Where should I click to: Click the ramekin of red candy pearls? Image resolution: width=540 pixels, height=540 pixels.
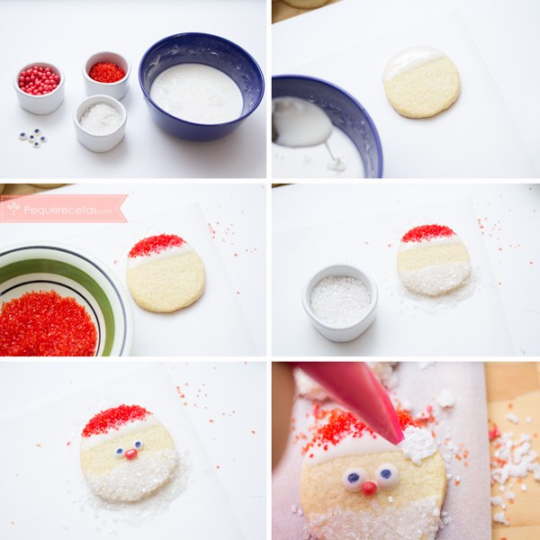(40, 88)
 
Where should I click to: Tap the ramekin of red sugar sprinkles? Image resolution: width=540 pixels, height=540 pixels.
(106, 76)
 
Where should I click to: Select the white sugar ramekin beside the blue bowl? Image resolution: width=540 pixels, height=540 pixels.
(100, 123)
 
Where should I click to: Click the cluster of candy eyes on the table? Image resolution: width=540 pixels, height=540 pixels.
(33, 138)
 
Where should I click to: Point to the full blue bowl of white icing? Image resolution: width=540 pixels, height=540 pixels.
(202, 86)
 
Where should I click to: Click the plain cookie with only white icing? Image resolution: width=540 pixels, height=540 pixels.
(421, 82)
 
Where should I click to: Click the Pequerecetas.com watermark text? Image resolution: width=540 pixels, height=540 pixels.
(67, 210)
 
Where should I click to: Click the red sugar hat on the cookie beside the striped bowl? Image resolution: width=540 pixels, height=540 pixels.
(157, 244)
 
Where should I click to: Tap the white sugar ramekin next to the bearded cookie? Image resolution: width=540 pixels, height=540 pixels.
(340, 302)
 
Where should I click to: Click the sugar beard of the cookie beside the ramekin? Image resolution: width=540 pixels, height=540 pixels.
(435, 279)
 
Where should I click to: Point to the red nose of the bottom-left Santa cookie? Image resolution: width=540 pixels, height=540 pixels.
(130, 454)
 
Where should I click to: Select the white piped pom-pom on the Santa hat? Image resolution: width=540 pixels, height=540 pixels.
(418, 444)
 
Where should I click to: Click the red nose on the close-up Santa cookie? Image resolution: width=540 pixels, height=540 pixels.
(370, 488)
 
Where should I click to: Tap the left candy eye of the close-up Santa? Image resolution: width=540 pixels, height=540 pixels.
(354, 479)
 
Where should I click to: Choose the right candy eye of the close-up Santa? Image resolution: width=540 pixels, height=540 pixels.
(386, 474)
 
